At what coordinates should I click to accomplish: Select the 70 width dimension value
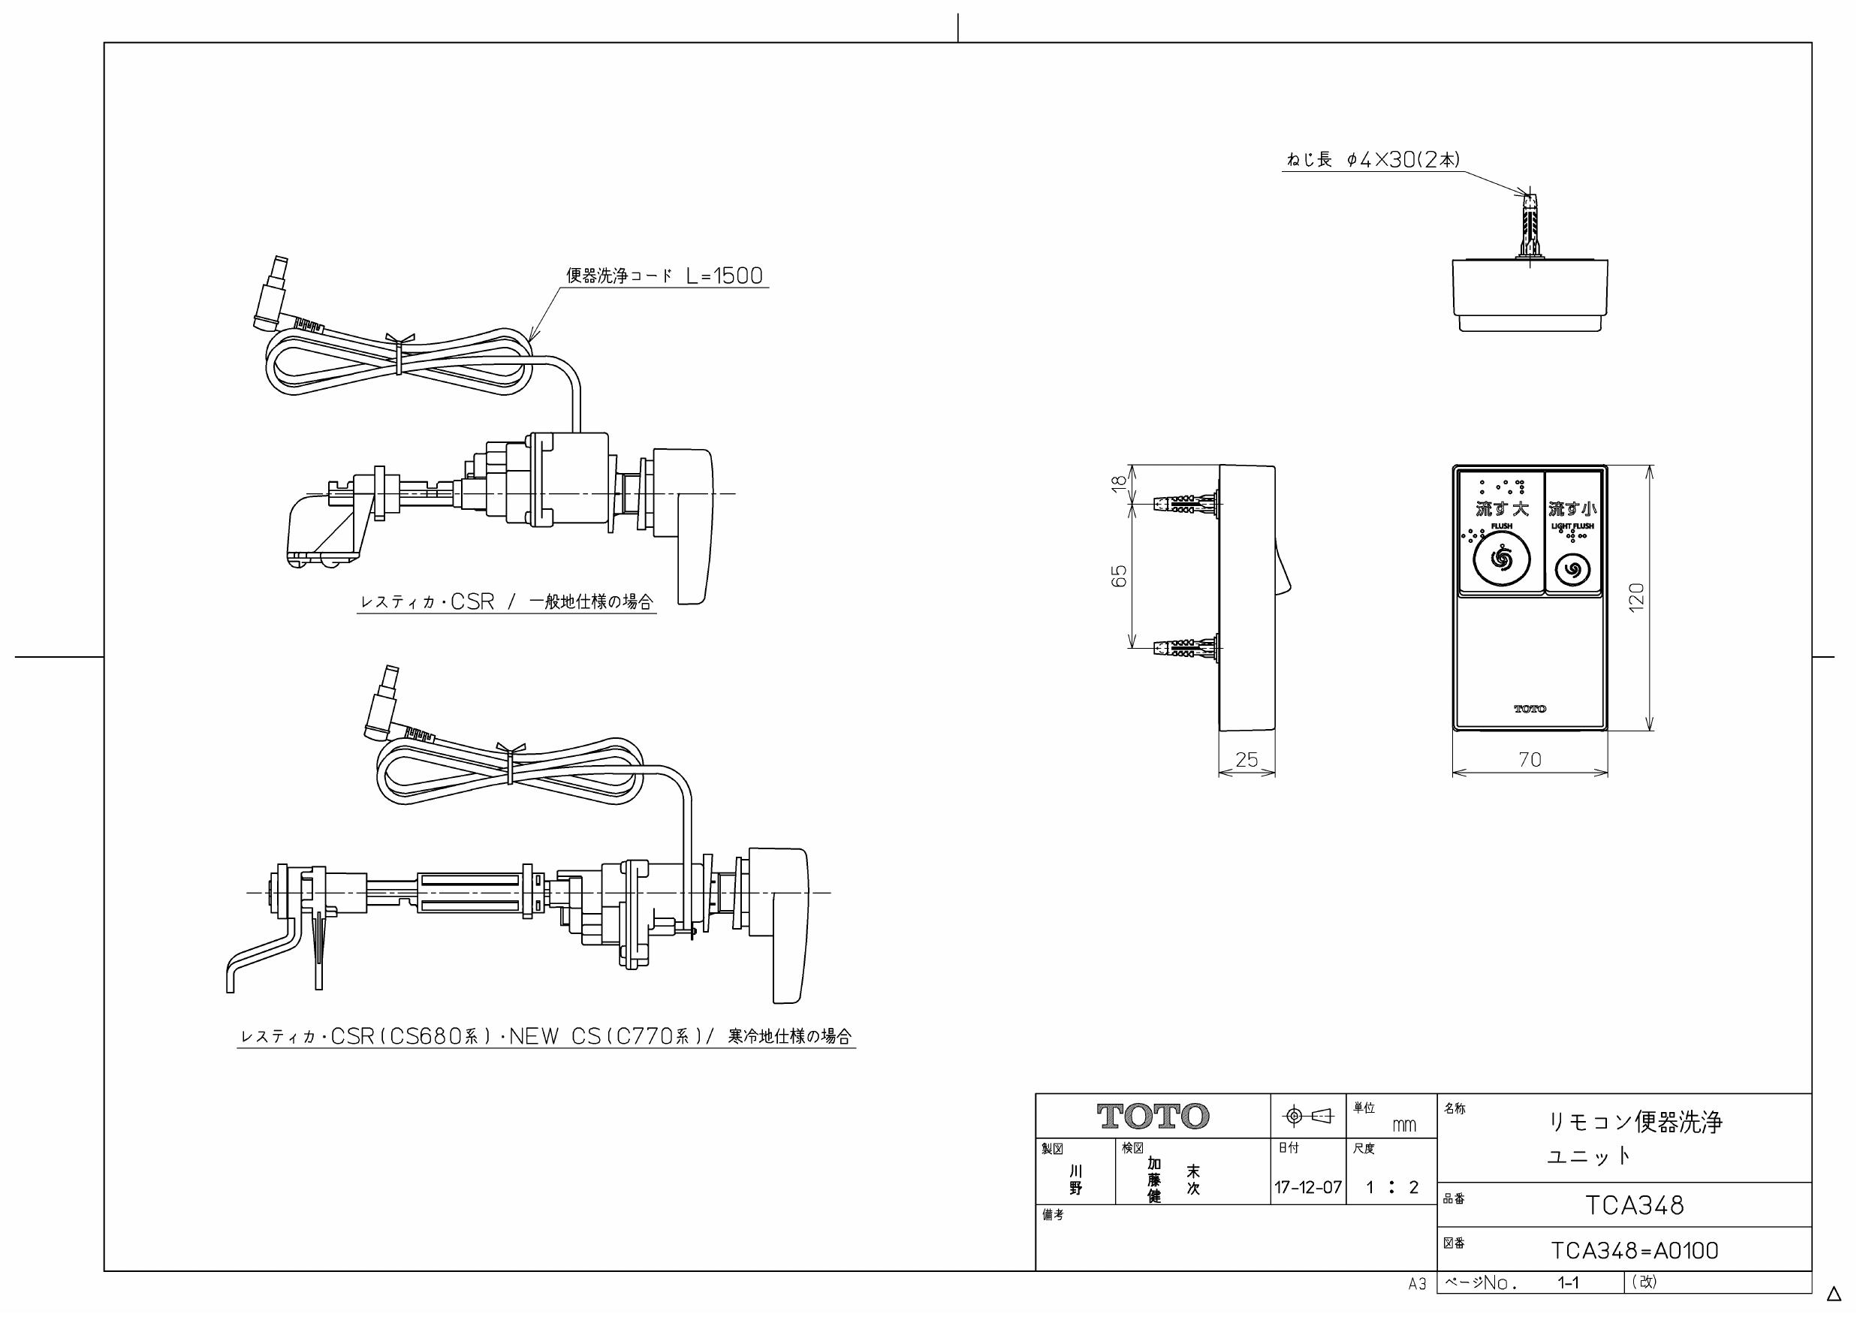pyautogui.click(x=1530, y=760)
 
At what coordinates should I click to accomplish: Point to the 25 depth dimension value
pyautogui.click(x=1247, y=760)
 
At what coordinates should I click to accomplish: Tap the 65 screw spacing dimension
pyautogui.click(x=1119, y=576)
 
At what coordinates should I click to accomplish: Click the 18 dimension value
pyautogui.click(x=1119, y=481)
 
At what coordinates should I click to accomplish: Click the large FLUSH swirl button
pyautogui.click(x=1501, y=561)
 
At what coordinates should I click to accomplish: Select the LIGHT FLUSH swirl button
pyautogui.click(x=1572, y=569)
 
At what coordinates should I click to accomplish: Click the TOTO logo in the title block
pyautogui.click(x=1152, y=1117)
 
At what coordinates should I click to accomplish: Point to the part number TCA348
pyautogui.click(x=1635, y=1206)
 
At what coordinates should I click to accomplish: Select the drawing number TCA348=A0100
pyautogui.click(x=1635, y=1250)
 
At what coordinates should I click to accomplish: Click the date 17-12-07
pyautogui.click(x=1308, y=1188)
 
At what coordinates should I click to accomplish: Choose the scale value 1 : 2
pyautogui.click(x=1391, y=1188)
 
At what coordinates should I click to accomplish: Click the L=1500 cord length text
pyautogui.click(x=724, y=276)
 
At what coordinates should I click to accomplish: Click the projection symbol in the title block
pyautogui.click(x=1308, y=1117)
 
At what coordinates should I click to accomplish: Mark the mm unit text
pyautogui.click(x=1403, y=1125)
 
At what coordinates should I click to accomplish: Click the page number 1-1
pyautogui.click(x=1568, y=1283)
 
